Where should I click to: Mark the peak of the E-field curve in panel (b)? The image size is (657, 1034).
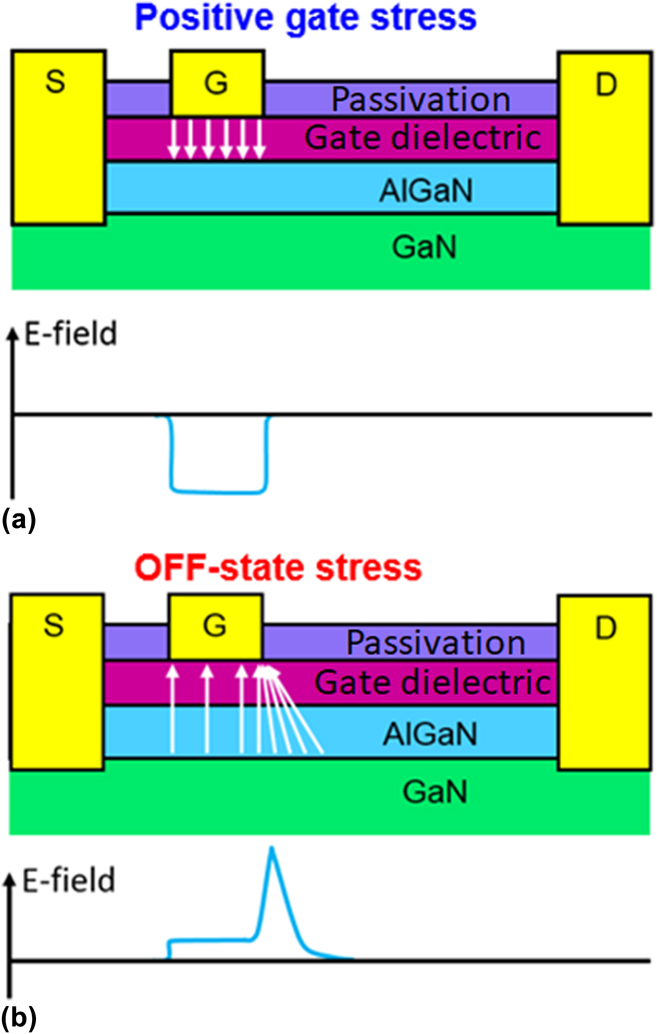270,849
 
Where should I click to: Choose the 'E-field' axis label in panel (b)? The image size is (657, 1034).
72,881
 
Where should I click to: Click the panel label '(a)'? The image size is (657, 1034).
21,519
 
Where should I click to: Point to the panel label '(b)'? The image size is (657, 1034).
21,1018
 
